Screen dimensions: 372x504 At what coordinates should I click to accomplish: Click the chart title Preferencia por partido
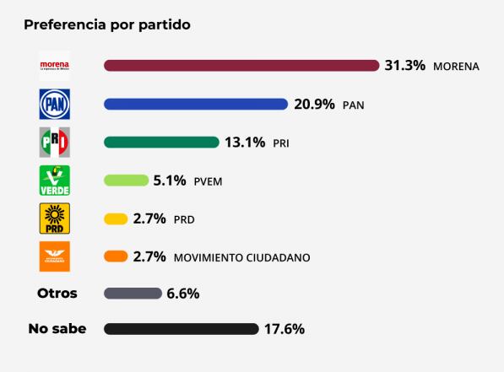(107, 24)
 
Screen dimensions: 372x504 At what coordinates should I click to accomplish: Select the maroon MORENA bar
(241, 66)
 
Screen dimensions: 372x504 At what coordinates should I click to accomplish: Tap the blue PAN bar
(196, 105)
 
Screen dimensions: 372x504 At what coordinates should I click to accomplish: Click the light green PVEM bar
(126, 181)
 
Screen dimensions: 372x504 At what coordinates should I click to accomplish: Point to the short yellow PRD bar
(116, 218)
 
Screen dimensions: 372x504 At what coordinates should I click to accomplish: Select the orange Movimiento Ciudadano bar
(116, 256)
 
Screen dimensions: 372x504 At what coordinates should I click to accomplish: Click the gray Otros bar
(133, 294)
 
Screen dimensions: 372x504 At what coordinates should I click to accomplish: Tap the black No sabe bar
(181, 329)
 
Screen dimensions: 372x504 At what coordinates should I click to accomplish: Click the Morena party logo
(55, 66)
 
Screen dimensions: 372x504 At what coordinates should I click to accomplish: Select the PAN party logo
(55, 105)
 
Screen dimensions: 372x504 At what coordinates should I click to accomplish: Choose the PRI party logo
(55, 143)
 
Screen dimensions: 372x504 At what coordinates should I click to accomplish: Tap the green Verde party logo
(55, 181)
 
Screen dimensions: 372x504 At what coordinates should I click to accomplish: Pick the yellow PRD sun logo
(55, 218)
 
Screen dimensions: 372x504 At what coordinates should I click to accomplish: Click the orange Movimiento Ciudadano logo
(55, 256)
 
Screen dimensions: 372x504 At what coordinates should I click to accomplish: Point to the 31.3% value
(405, 66)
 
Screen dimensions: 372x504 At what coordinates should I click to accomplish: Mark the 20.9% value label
(315, 105)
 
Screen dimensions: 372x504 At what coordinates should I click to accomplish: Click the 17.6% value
(285, 329)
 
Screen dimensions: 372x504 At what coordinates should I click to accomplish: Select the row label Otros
(57, 294)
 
